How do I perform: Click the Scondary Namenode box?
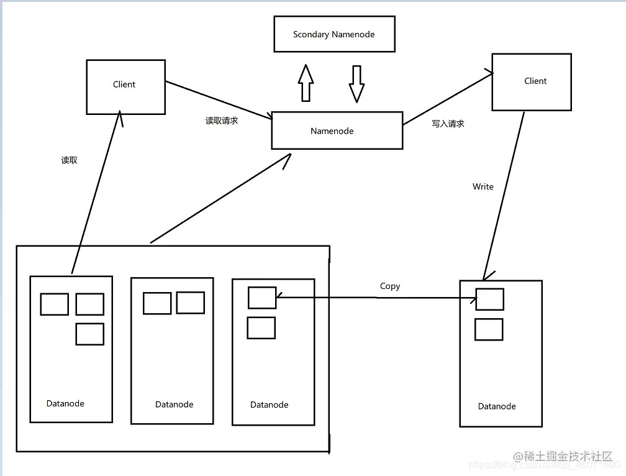pyautogui.click(x=334, y=34)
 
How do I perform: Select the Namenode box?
pyautogui.click(x=337, y=131)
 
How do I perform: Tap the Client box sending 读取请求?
pyautogui.click(x=125, y=87)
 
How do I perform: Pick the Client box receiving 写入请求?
pyautogui.click(x=531, y=82)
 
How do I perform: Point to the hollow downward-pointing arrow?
pyautogui.click(x=356, y=83)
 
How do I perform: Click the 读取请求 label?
pyautogui.click(x=222, y=121)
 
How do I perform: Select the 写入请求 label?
pyautogui.click(x=448, y=124)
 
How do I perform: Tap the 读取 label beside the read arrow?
pyautogui.click(x=69, y=160)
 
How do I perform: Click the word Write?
pyautogui.click(x=483, y=186)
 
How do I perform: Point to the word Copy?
pyautogui.click(x=390, y=286)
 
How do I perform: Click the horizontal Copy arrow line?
pyautogui.click(x=376, y=298)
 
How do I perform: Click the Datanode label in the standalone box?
pyautogui.click(x=497, y=406)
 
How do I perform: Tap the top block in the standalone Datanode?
pyautogui.click(x=489, y=299)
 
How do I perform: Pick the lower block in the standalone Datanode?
pyautogui.click(x=489, y=329)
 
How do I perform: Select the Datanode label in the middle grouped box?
pyautogui.click(x=174, y=405)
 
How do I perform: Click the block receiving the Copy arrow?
pyautogui.click(x=261, y=298)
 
